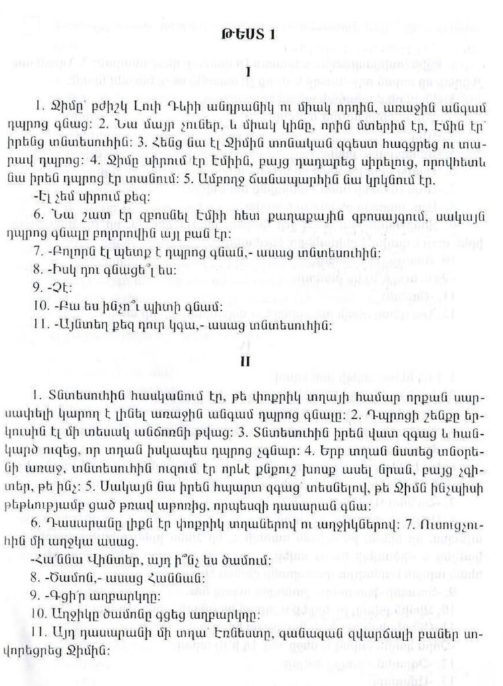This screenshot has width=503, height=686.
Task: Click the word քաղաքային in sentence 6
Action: (275, 219)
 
